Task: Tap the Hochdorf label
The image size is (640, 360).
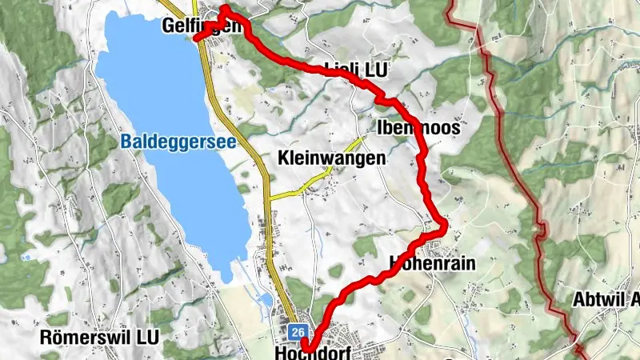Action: tap(314, 352)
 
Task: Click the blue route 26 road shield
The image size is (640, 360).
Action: tap(298, 331)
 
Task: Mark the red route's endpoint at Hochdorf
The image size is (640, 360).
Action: tap(307, 346)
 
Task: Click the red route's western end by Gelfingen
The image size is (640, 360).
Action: tap(197, 36)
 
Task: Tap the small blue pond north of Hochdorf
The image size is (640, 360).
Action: tap(266, 299)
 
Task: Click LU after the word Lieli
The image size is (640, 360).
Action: tap(375, 70)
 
